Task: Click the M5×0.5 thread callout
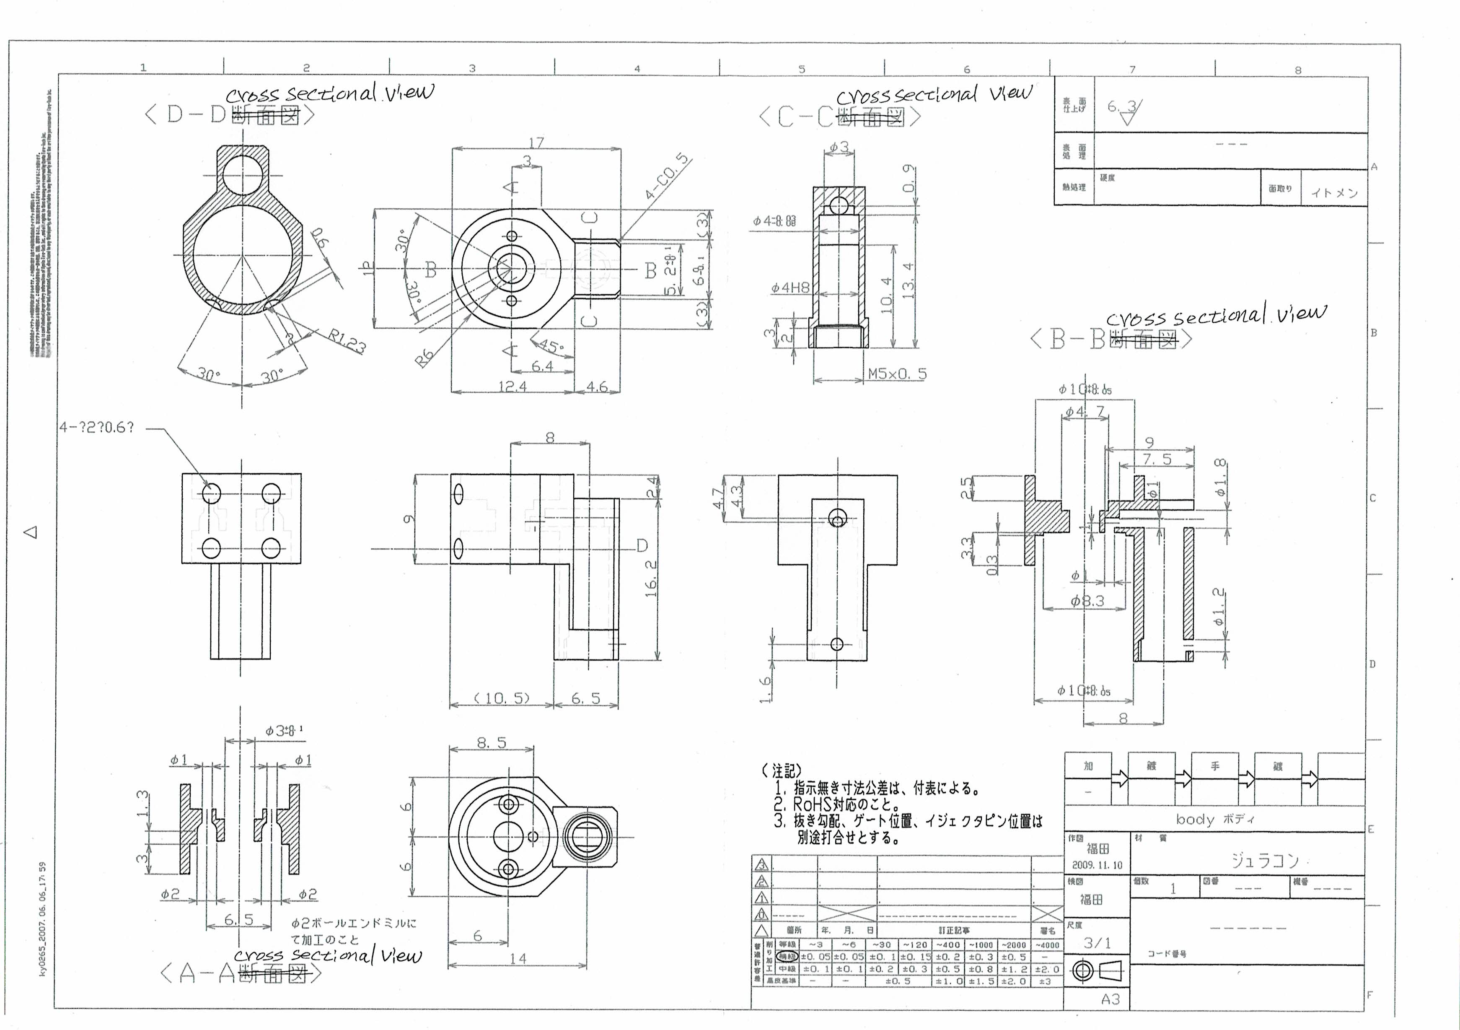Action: [897, 374]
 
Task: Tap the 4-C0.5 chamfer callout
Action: [667, 176]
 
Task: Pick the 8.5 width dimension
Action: [492, 742]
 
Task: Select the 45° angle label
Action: [551, 347]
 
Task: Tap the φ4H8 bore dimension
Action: [790, 288]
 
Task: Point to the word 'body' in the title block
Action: [1195, 820]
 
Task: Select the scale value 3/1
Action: [1097, 943]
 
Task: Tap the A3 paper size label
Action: [1110, 999]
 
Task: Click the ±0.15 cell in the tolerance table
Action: [915, 957]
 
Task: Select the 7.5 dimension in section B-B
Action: [1157, 459]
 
